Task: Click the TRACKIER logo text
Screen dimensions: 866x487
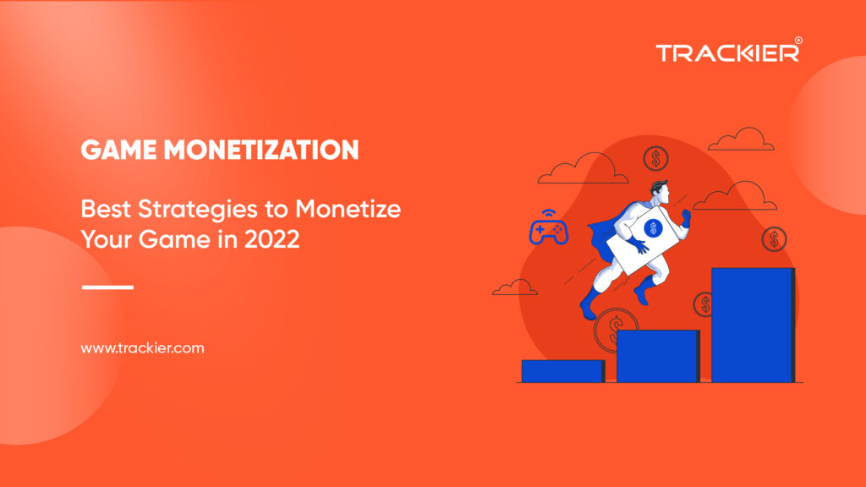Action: [727, 53]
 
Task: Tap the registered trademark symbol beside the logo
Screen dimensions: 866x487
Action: [798, 41]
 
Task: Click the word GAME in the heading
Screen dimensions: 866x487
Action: [118, 150]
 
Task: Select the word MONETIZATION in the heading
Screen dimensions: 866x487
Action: [261, 150]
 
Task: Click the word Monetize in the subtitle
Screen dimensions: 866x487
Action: [348, 210]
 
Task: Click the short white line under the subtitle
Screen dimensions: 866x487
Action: [107, 287]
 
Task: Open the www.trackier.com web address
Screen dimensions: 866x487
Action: [142, 348]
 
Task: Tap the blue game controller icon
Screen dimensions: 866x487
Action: [548, 228]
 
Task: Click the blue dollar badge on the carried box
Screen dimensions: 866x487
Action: [654, 228]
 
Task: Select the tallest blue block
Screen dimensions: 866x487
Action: [754, 325]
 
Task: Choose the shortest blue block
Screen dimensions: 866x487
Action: [563, 371]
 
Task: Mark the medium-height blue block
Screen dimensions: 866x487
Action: [658, 356]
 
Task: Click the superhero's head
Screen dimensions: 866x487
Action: [660, 192]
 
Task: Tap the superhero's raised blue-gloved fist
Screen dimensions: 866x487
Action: [687, 217]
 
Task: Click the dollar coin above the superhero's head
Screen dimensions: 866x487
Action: [656, 159]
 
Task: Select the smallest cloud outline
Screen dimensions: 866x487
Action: [515, 287]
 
